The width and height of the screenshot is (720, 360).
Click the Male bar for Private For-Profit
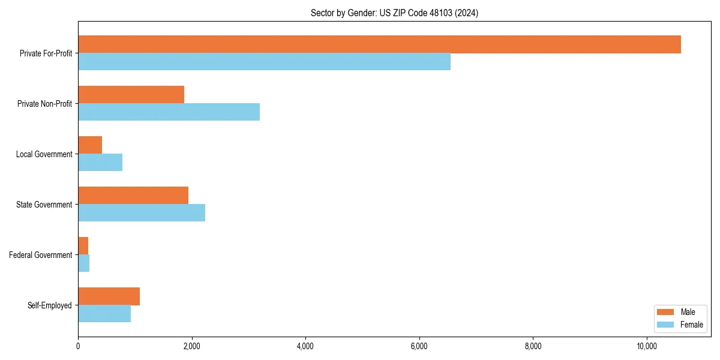(379, 44)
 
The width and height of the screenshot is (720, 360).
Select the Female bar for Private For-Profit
(264, 62)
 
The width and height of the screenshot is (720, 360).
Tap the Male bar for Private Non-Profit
(131, 95)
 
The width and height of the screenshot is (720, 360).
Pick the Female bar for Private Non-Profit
(169, 112)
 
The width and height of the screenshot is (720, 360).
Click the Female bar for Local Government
(100, 163)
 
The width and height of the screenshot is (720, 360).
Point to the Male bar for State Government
(133, 196)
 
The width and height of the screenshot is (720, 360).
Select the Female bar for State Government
(142, 213)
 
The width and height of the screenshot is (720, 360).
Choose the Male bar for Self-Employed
(109, 296)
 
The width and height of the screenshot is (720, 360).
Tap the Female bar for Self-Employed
(104, 314)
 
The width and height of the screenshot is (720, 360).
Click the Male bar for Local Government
(90, 145)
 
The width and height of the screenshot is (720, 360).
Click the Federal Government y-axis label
(41, 255)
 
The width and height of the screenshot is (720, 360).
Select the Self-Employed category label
(50, 305)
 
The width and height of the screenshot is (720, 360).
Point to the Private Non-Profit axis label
(44, 104)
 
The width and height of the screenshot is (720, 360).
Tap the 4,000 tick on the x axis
(305, 346)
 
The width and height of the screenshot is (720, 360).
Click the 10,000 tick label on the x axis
(647, 346)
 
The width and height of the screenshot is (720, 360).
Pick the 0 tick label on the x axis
(78, 346)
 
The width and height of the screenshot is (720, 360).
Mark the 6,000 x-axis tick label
(419, 346)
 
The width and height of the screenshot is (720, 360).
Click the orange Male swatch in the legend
(666, 312)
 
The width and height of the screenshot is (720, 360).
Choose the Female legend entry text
(691, 325)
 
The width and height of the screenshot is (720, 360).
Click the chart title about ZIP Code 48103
(394, 13)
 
